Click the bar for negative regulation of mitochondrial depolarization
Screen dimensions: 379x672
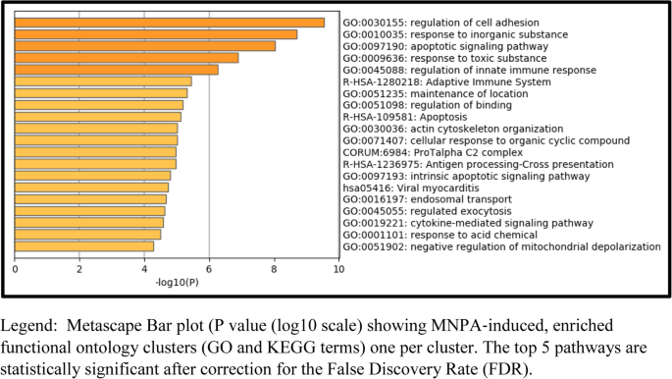(x=83, y=246)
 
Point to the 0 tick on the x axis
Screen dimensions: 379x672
(x=15, y=268)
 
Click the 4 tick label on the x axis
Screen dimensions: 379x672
(x=144, y=268)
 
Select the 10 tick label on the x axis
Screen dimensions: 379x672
(x=338, y=268)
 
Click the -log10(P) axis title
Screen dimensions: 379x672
(x=177, y=283)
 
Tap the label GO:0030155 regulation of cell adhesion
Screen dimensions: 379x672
(x=454, y=23)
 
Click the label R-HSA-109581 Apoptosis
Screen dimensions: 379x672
(x=406, y=117)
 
